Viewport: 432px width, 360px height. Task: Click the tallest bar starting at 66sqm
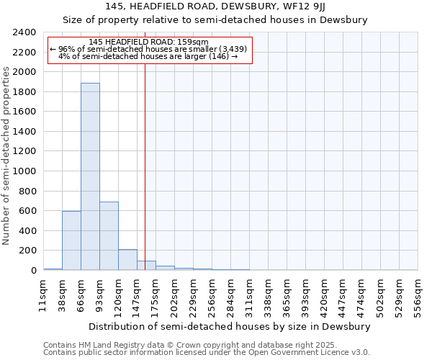tap(90, 176)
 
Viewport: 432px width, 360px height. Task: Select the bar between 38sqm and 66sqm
tap(71, 240)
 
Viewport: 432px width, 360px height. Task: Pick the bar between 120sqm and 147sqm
tap(127, 260)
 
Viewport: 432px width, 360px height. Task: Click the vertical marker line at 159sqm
tap(145, 166)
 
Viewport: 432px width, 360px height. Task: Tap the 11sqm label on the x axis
tap(43, 295)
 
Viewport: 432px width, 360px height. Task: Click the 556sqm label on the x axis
tap(418, 295)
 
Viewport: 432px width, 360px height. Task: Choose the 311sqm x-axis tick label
tap(249, 295)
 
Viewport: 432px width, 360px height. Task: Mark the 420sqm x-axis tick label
tap(324, 295)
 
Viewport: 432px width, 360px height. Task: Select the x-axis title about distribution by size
tap(230, 326)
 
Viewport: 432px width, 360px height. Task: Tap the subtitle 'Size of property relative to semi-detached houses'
tap(215, 20)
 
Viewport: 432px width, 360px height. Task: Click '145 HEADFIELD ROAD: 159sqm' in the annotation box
tap(149, 42)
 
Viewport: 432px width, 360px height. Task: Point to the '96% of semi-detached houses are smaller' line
tap(149, 49)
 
